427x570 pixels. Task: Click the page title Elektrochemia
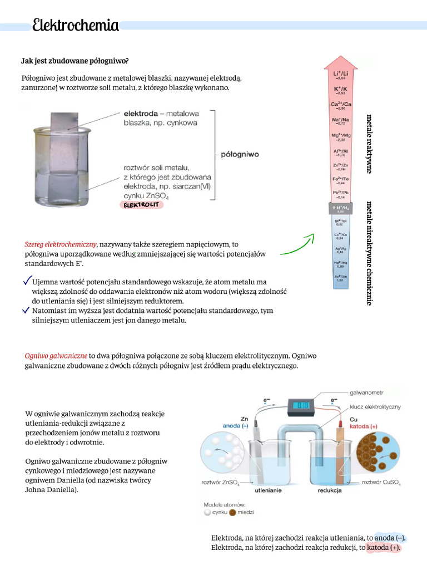(x=75, y=26)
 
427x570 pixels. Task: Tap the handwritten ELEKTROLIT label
(x=142, y=205)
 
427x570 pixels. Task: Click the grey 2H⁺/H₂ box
(x=341, y=209)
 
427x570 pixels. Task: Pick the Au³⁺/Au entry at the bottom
(x=341, y=278)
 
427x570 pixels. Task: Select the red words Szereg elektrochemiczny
(x=61, y=244)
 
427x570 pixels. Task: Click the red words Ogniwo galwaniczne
(x=56, y=355)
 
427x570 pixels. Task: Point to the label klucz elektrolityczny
(x=375, y=407)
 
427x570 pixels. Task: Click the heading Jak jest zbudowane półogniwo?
(x=75, y=60)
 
